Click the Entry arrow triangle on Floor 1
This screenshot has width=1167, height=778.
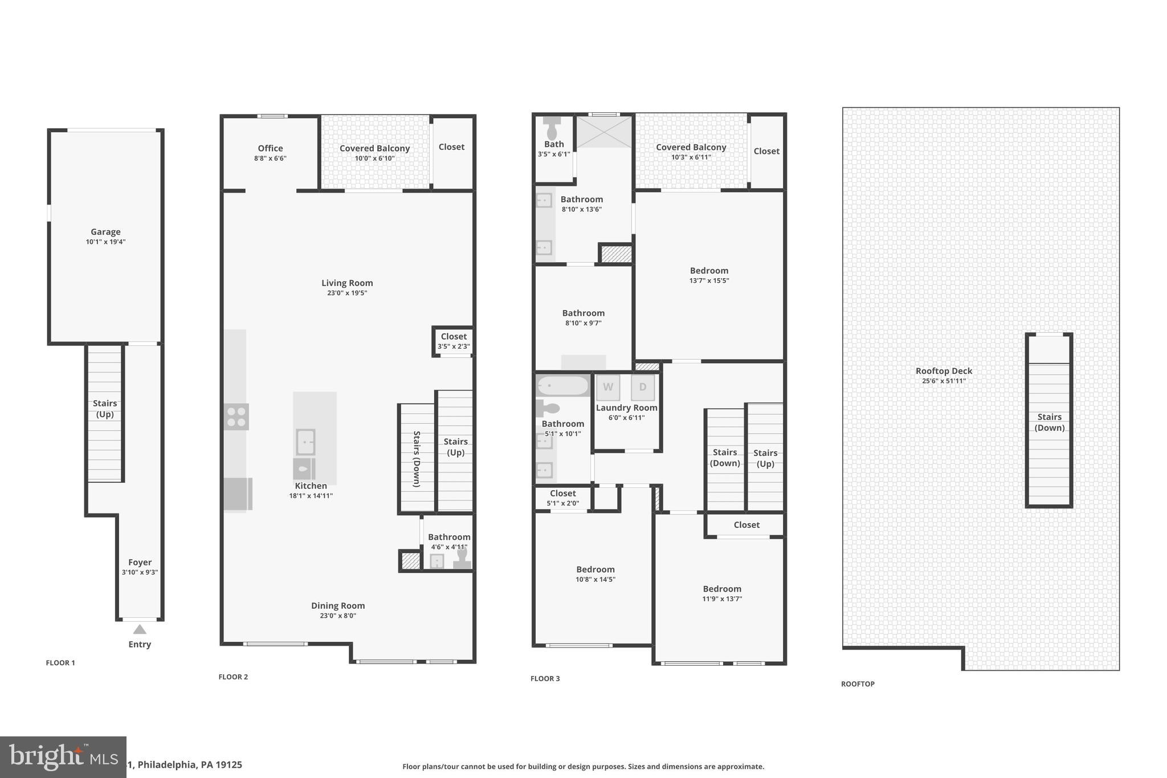[140, 629]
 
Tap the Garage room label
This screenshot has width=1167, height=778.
[105, 232]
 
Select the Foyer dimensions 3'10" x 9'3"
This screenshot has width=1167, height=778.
[140, 572]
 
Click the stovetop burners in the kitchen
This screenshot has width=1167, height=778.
[236, 417]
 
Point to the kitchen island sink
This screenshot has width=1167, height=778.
[305, 442]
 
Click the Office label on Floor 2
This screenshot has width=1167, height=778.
[270, 148]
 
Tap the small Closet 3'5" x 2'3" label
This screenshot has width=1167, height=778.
[454, 337]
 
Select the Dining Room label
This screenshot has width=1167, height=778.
[338, 606]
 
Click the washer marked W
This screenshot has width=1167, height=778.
[608, 388]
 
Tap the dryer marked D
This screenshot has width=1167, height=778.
[643, 388]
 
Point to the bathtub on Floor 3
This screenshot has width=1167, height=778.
[563, 386]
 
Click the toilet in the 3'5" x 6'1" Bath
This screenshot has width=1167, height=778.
[552, 129]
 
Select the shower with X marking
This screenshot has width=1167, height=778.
[605, 132]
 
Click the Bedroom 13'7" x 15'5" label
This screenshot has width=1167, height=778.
[709, 271]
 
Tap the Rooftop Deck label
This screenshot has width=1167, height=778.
[944, 371]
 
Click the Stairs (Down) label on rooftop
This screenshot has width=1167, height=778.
[1049, 422]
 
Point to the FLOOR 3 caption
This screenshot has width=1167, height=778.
[545, 678]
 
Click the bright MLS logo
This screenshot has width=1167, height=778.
[63, 757]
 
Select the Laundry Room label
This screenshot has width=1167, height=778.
[627, 408]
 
